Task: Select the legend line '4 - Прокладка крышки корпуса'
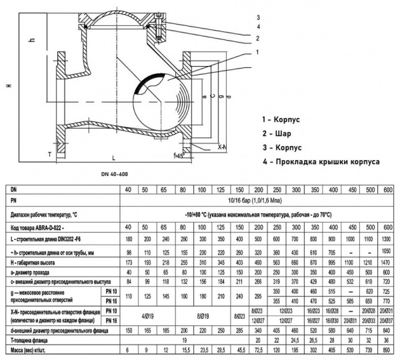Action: coord(321,161)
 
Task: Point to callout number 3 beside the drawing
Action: coord(257,14)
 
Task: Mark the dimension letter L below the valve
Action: coord(113,157)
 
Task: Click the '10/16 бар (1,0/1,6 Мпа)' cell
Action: coord(257,199)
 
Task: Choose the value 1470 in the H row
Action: coord(388,264)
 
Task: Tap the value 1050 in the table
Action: coord(388,251)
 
